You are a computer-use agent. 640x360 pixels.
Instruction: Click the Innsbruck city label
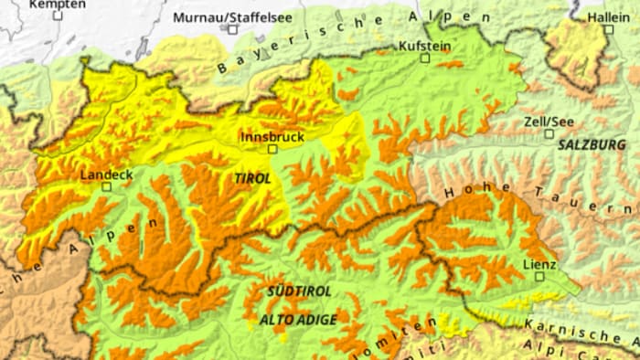coord(272,135)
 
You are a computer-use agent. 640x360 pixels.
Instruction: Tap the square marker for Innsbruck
coord(272,148)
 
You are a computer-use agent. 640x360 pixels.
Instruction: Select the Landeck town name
coord(106,174)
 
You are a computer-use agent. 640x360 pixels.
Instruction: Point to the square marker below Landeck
coord(107,186)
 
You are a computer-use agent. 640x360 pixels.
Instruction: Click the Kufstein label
coord(424,45)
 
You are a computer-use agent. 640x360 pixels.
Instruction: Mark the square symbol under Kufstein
coord(424,58)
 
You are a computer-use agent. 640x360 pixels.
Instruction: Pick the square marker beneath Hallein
coord(608,29)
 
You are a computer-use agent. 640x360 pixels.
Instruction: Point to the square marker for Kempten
coord(58,16)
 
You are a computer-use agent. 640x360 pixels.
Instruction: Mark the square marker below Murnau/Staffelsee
coord(232,29)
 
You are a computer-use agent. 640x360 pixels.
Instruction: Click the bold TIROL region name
coord(253,179)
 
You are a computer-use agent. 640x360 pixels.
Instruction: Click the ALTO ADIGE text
coord(298,320)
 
